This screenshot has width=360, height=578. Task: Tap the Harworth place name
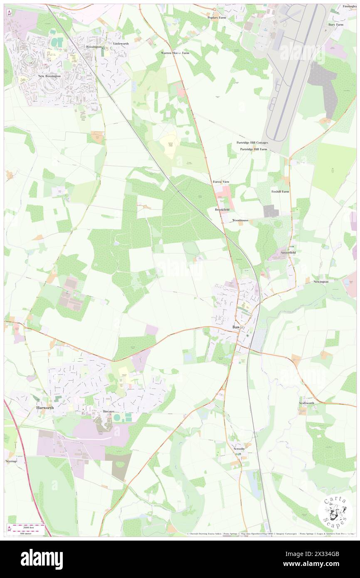(43, 408)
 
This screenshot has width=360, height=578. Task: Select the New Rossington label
(49, 76)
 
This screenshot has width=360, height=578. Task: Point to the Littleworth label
(121, 43)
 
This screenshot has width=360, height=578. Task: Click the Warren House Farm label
(175, 53)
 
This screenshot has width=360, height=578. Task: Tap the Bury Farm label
(336, 25)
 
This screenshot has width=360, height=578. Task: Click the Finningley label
(350, 7)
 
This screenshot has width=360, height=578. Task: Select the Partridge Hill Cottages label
(252, 143)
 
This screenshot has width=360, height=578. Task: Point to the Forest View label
(221, 182)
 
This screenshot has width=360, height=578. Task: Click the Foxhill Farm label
(280, 192)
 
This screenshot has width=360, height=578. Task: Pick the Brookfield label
(222, 210)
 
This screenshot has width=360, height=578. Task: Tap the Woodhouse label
(240, 220)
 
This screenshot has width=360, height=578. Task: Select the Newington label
(321, 282)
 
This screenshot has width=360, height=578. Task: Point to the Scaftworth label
(306, 403)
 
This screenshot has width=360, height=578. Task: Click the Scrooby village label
(239, 449)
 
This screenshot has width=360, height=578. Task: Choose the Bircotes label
(108, 411)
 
